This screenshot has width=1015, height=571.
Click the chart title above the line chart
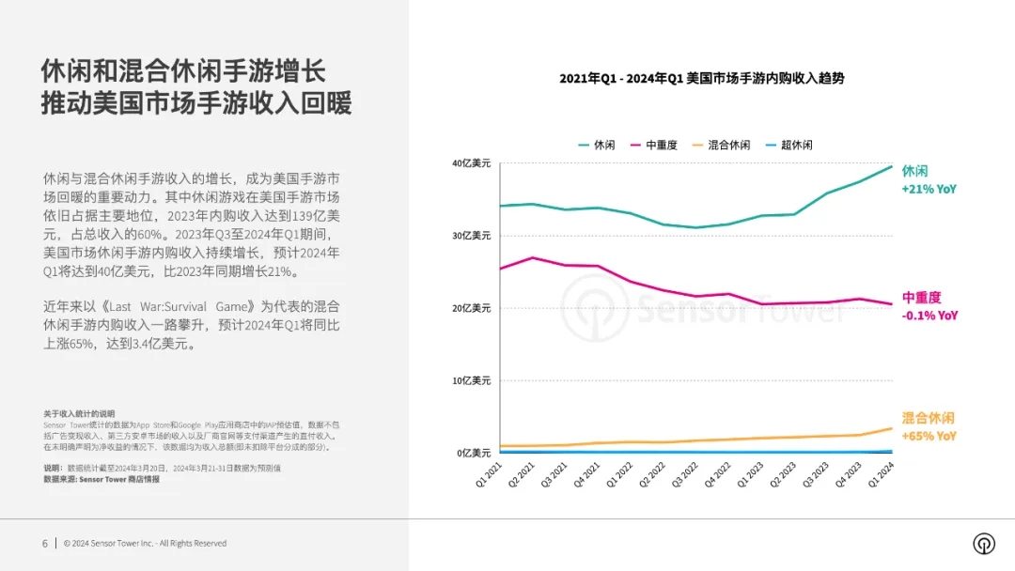pyautogui.click(x=701, y=79)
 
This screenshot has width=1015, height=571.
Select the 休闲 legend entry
pyautogui.click(x=598, y=145)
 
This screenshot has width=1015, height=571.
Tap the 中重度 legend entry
pyautogui.click(x=654, y=145)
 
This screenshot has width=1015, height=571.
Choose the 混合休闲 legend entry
pyautogui.click(x=722, y=145)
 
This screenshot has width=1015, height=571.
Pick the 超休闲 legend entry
pyautogui.click(x=789, y=145)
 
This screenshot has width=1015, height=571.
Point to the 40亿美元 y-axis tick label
pyautogui.click(x=471, y=163)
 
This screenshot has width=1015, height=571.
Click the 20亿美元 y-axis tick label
pyautogui.click(x=471, y=308)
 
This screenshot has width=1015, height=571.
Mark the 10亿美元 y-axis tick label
pyautogui.click(x=471, y=381)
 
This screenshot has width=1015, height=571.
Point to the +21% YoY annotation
pyautogui.click(x=929, y=189)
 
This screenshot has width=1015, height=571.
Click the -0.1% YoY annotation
pyautogui.click(x=929, y=316)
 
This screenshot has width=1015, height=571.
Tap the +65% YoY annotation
pyautogui.click(x=929, y=436)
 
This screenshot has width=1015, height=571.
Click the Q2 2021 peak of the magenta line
pyautogui.click(x=533, y=257)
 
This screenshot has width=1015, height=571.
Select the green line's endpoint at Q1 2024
pyautogui.click(x=892, y=166)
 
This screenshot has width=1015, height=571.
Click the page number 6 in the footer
pyautogui.click(x=44, y=543)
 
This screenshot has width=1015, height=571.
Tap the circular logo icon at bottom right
pyautogui.click(x=984, y=544)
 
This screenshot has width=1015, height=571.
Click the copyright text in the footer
pyautogui.click(x=145, y=543)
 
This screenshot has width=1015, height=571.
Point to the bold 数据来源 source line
pyautogui.click(x=101, y=479)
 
